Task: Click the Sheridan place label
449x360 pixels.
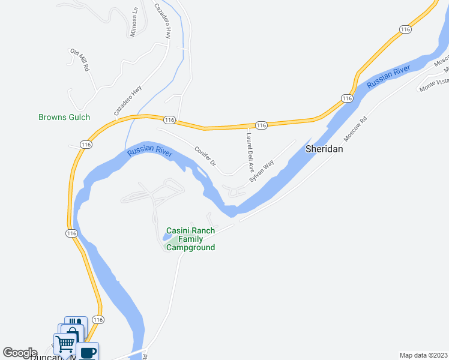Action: pyautogui.click(x=324, y=149)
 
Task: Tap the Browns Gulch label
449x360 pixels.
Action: pyautogui.click(x=64, y=118)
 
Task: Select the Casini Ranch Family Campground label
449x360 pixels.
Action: pyautogui.click(x=190, y=239)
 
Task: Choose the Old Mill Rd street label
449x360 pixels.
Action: pyautogui.click(x=79, y=61)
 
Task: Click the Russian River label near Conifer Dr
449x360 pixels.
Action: pyautogui.click(x=149, y=152)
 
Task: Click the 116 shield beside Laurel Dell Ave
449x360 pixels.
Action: pyautogui.click(x=261, y=125)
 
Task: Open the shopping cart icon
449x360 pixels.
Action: pyautogui.click(x=65, y=344)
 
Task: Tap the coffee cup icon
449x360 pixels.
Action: pyautogui.click(x=88, y=352)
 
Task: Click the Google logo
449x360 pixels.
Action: pyautogui.click(x=20, y=353)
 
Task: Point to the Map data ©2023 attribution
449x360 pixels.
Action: pyautogui.click(x=423, y=355)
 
